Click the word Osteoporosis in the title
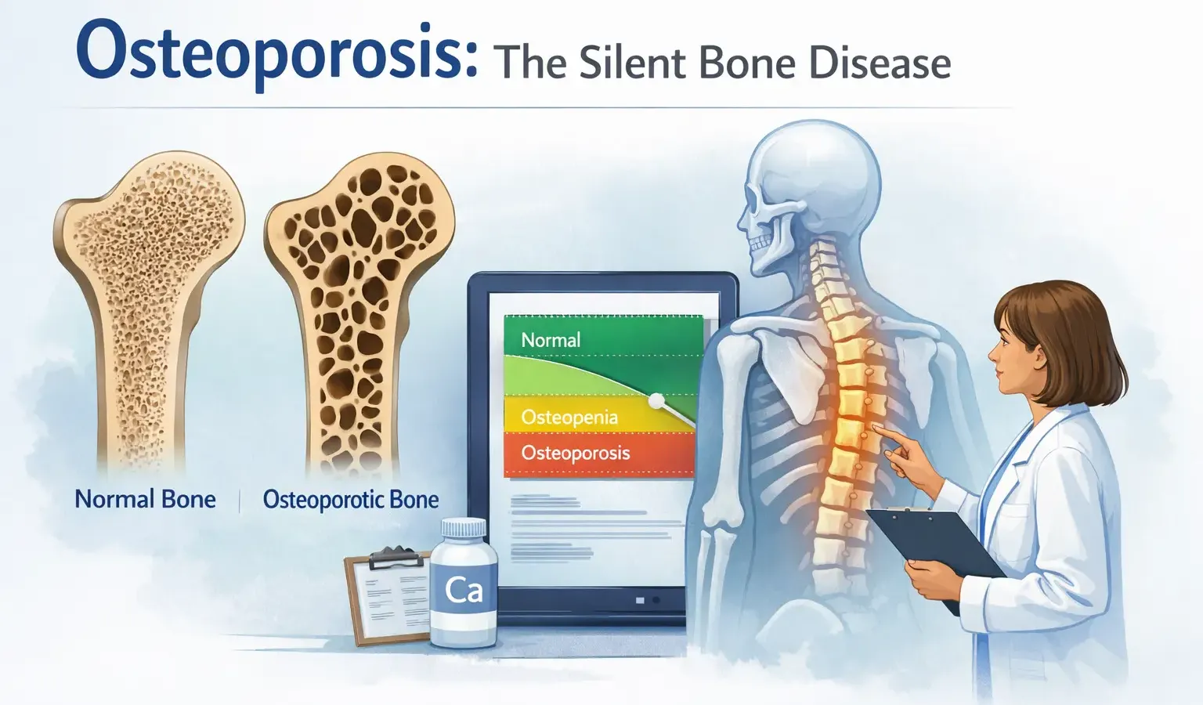(x=276, y=52)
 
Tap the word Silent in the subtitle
(x=633, y=63)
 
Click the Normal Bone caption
(x=145, y=499)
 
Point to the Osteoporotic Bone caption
(x=350, y=499)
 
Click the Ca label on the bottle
(x=464, y=590)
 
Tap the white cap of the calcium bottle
(x=463, y=530)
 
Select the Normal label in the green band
(x=551, y=340)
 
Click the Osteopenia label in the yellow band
(x=569, y=417)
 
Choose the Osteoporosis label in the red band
(x=576, y=453)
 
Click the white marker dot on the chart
(x=656, y=401)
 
